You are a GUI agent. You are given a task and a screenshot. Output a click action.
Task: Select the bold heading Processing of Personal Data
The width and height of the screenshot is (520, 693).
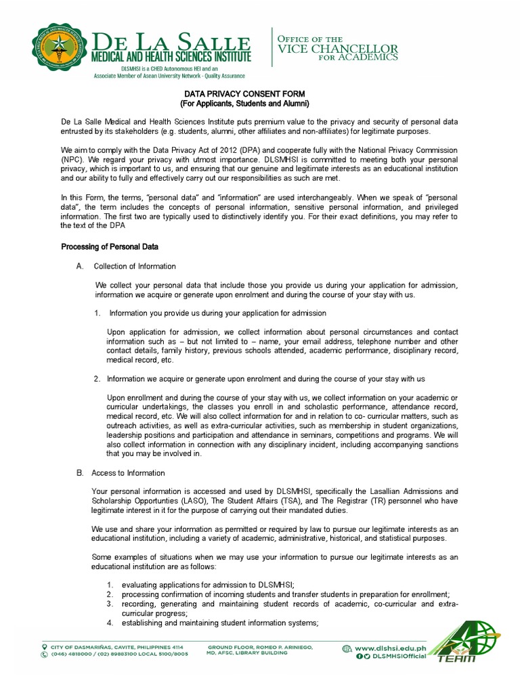[110, 247]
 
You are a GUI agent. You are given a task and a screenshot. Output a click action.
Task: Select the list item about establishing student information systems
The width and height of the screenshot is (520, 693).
[220, 623]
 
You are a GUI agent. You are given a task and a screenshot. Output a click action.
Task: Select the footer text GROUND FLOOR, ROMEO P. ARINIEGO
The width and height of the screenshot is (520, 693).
[260, 647]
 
